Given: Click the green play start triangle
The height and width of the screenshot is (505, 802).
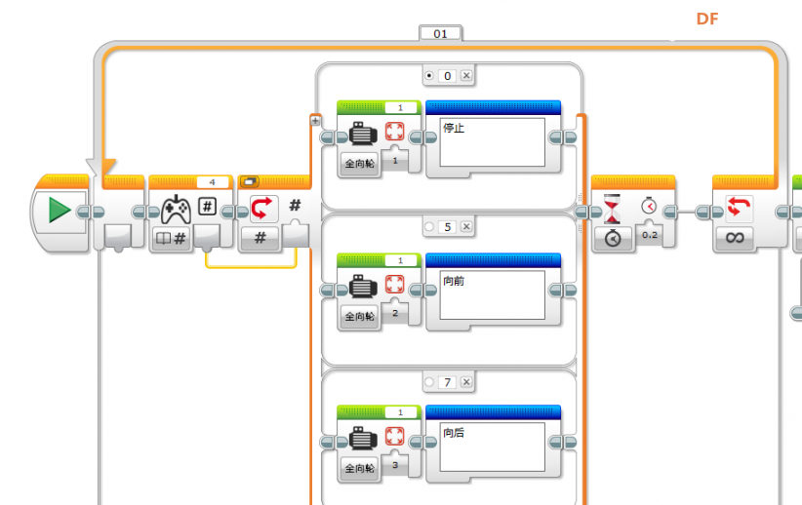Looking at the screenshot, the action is coord(60,210).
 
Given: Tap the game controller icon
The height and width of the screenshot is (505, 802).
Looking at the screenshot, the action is coord(176,210).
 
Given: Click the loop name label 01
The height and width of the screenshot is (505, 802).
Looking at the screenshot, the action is coord(440,34).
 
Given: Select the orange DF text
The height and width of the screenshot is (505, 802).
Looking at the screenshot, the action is coord(707,19).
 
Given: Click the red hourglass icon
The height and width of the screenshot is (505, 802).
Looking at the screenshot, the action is coord(612,209).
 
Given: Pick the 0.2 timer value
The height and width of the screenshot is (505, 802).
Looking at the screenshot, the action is coord(650,235).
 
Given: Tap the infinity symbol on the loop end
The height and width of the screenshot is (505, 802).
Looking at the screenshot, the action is coord(735,237).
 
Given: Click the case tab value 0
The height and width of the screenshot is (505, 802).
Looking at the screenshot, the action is coord(448,76).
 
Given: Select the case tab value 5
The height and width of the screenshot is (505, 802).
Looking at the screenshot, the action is coord(448,227).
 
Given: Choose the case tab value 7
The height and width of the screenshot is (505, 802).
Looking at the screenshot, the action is coord(448,382).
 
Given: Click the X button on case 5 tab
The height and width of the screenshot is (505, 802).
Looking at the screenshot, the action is coord(466,226).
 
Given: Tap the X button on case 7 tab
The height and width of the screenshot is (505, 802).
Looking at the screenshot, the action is coord(466,382).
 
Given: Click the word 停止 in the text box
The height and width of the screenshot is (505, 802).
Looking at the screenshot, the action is coord(454,128).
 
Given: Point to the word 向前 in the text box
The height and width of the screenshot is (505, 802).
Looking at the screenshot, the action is coord(454,281).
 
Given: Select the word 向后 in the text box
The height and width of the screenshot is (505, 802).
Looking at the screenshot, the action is coord(454,433).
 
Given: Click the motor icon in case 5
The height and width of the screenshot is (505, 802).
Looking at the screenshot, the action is coord(363,286).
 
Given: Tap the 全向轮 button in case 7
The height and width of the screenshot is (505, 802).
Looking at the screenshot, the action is coord(360,468).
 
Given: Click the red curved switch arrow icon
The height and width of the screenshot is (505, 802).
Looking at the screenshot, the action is coord(261,209).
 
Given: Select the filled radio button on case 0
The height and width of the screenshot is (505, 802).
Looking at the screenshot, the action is coord(429,76).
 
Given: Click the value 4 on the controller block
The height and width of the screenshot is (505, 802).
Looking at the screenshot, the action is coord(213,182).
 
